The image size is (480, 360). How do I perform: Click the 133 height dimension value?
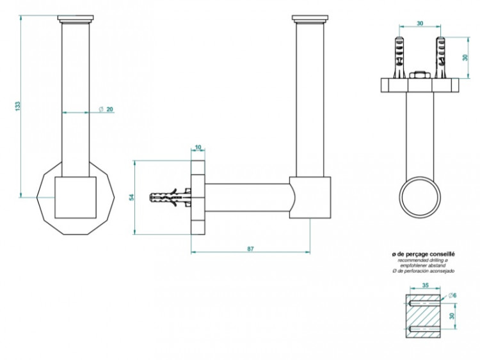click(18, 106)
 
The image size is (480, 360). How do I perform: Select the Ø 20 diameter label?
click(106, 109)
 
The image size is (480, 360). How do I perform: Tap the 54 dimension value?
click(131, 196)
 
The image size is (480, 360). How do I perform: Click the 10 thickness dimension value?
click(198, 148)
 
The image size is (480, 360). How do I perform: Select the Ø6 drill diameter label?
click(451, 295)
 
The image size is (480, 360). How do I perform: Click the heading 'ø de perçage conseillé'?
click(424, 254)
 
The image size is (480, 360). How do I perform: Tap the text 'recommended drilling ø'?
click(424, 260)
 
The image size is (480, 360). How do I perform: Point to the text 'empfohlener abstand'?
click(424, 265)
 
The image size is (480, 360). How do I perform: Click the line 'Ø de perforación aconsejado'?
click(424, 271)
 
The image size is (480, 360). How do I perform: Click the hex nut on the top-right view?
click(419, 75)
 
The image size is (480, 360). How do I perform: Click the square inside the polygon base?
click(75, 198)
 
